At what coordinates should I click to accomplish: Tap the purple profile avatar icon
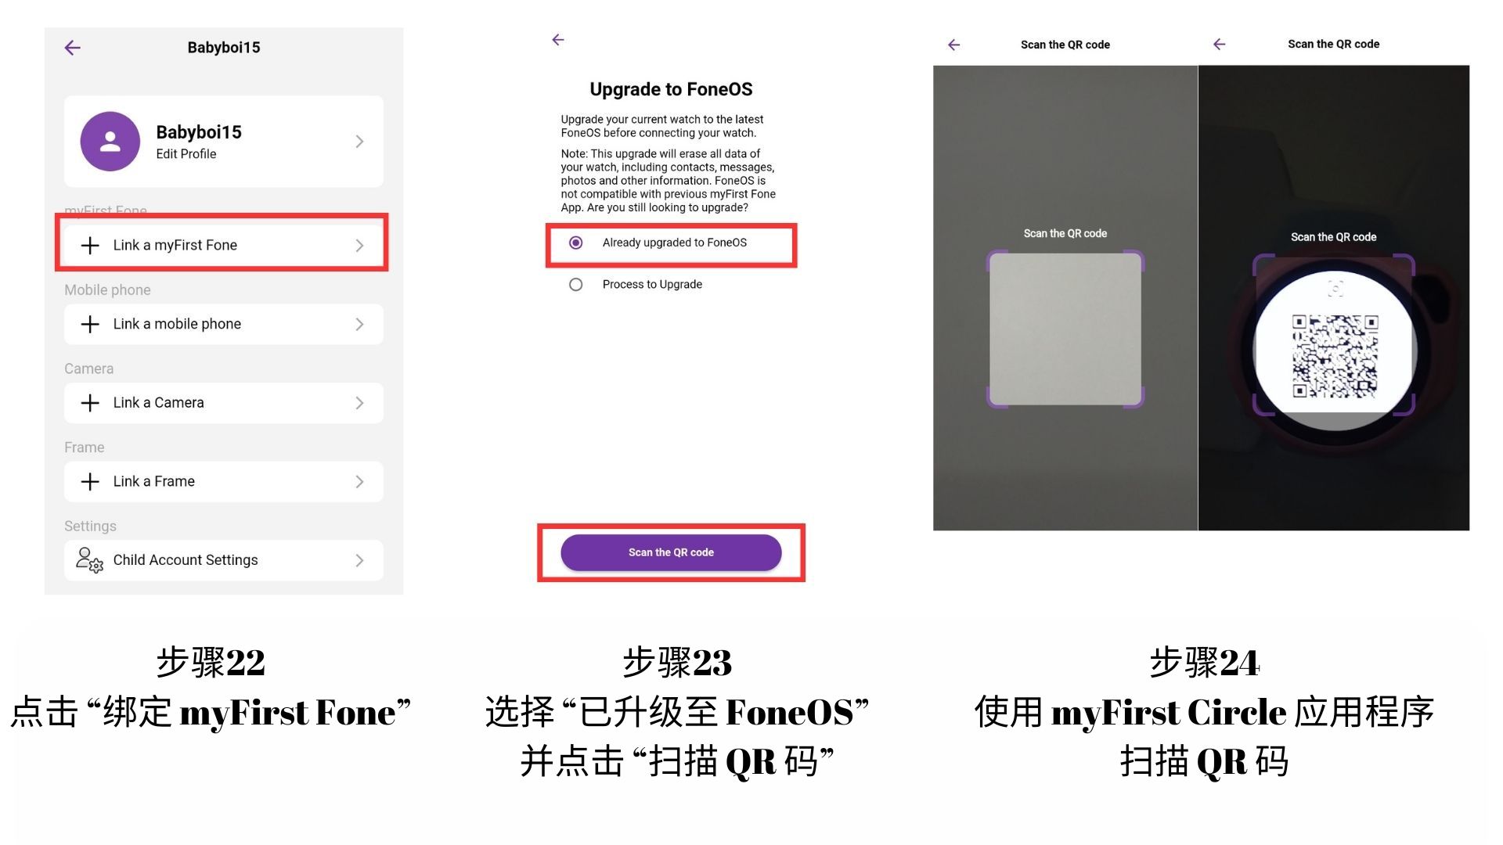tap(110, 141)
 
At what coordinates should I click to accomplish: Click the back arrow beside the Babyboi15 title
tap(72, 48)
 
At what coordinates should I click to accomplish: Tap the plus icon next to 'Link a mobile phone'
tap(90, 324)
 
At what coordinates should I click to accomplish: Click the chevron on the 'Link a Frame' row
tap(359, 481)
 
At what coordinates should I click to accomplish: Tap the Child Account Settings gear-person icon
tap(89, 560)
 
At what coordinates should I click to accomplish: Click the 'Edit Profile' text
tap(186, 154)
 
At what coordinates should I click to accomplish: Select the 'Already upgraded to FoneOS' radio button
tap(575, 243)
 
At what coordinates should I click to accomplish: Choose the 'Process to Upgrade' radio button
tap(575, 285)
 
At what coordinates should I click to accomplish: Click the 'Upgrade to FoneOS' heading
tap(671, 89)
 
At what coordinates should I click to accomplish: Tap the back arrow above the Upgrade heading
tap(558, 40)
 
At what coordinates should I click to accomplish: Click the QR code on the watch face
tap(1335, 356)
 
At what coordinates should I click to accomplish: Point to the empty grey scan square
tap(1065, 329)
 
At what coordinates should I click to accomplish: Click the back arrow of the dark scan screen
tap(1219, 45)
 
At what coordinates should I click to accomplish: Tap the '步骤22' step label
tap(211, 663)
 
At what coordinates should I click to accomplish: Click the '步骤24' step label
tap(1204, 663)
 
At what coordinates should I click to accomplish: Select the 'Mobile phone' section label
tap(107, 290)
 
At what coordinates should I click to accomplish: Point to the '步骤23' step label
tap(677, 663)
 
